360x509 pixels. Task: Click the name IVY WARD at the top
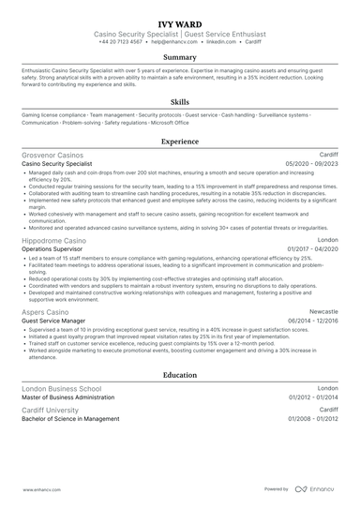tap(180, 19)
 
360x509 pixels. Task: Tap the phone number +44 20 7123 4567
tap(120, 42)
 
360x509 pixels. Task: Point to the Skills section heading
tap(180, 101)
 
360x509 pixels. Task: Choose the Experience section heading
tap(180, 142)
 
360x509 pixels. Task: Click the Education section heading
tap(180, 374)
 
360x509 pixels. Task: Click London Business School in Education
tap(62, 387)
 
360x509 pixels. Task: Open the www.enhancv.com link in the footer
tap(41, 488)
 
